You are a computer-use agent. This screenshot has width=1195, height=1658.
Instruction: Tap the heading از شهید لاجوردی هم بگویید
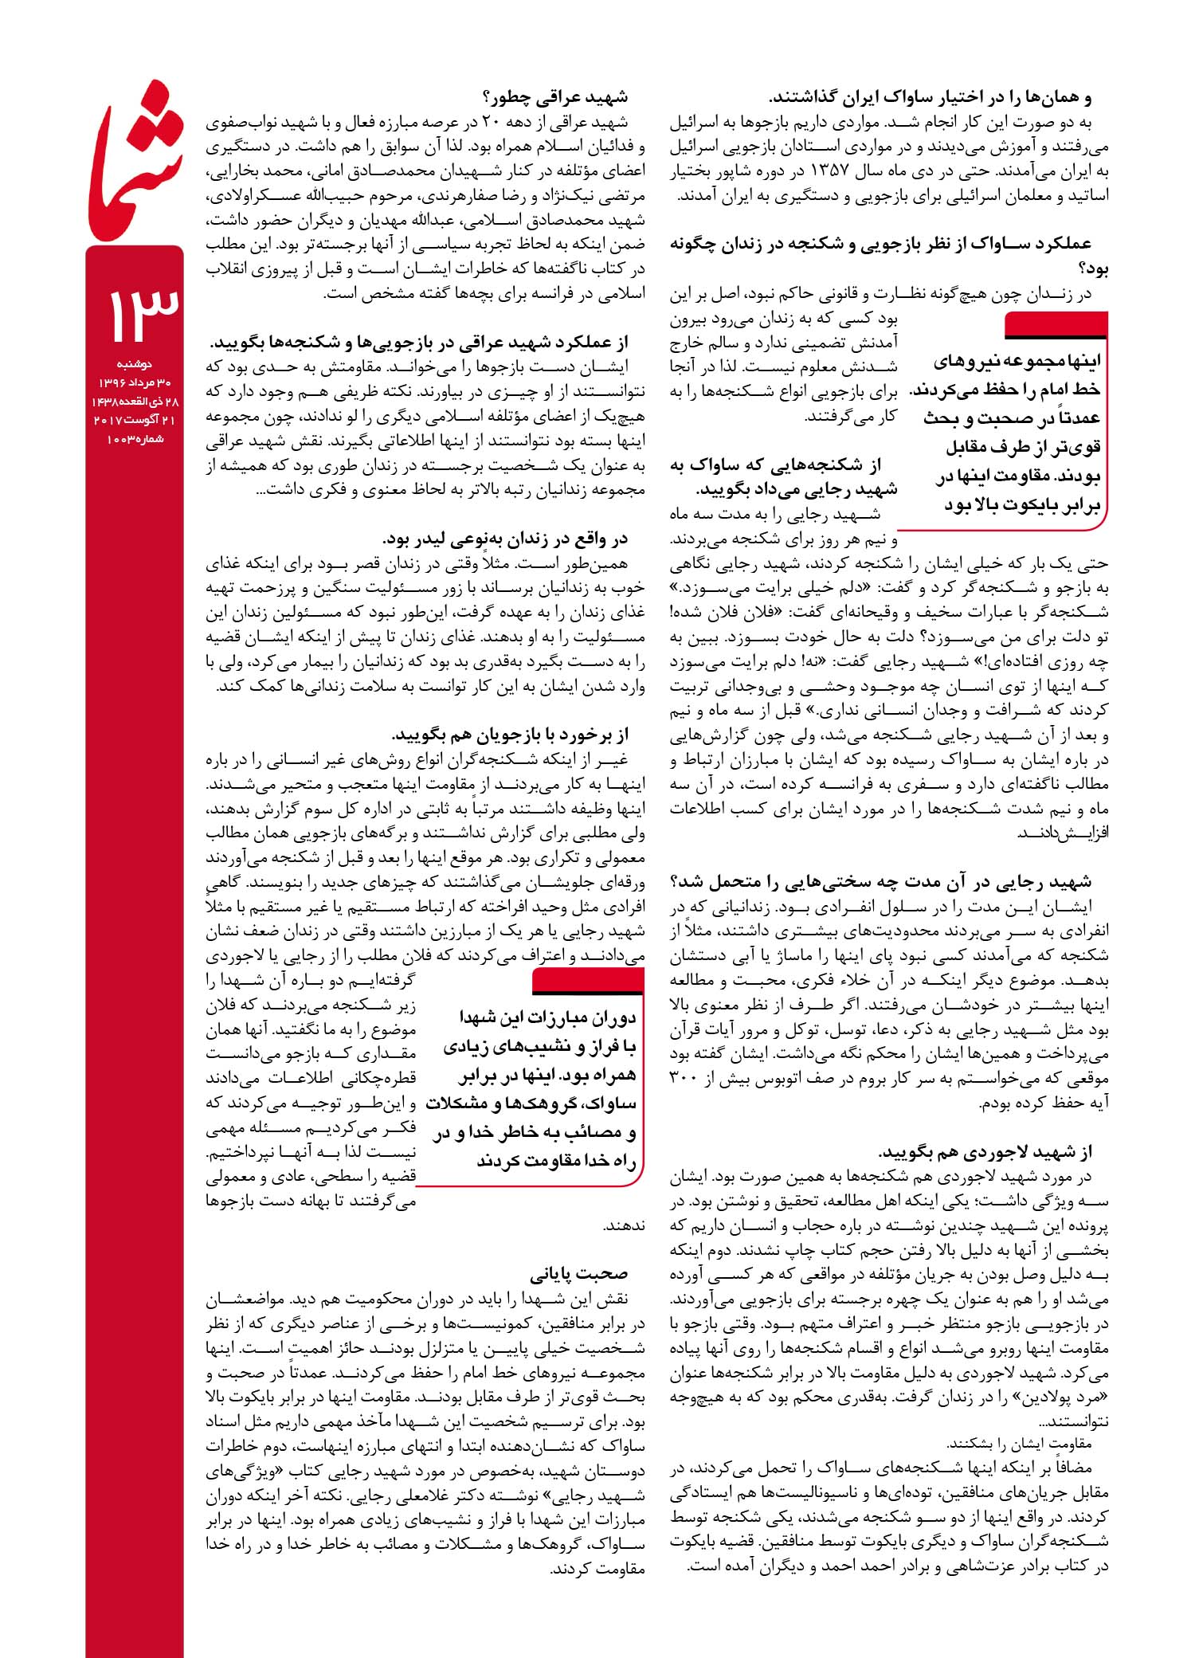(x=985, y=1152)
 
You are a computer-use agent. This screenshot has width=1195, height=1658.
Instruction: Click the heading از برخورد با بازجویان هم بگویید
(x=510, y=734)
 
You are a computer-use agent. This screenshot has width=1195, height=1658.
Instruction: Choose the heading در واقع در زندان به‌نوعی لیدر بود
(x=505, y=539)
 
